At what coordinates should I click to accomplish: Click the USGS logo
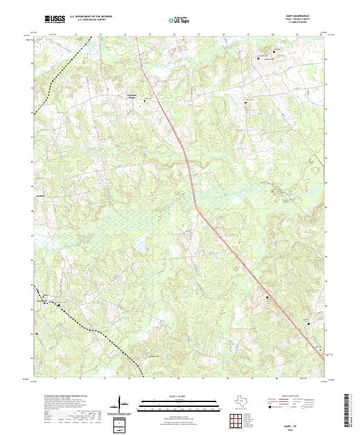(x=55, y=19)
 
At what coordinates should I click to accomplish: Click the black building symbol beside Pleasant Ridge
(x=144, y=101)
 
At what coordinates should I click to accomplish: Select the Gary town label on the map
(x=45, y=294)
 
